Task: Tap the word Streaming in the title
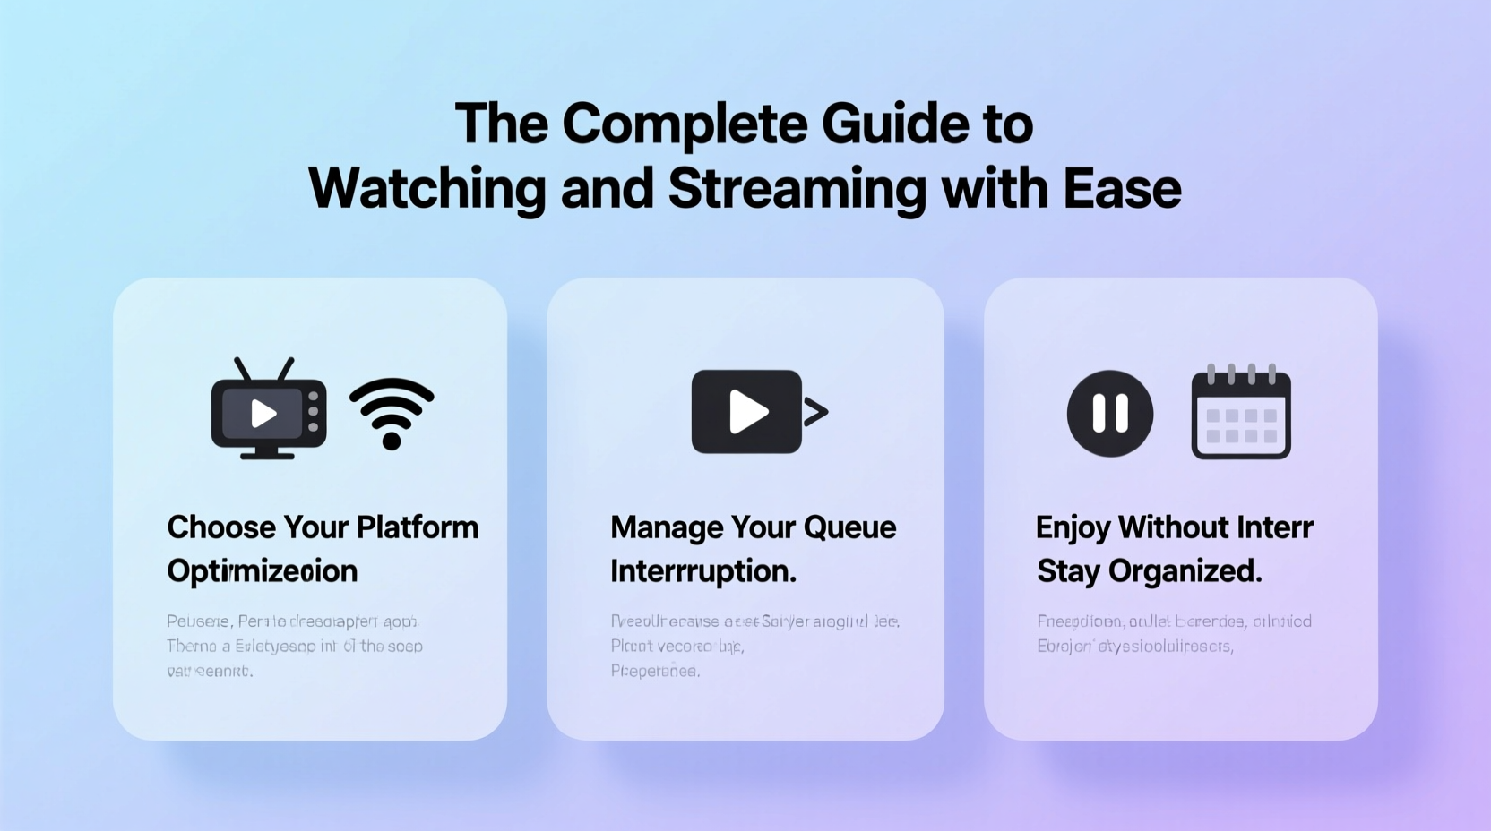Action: pyautogui.click(x=797, y=189)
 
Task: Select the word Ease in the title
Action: pyautogui.click(x=1122, y=189)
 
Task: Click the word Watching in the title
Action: pyautogui.click(x=427, y=189)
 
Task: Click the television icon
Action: pyautogui.click(x=268, y=412)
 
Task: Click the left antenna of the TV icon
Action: pyautogui.click(x=242, y=368)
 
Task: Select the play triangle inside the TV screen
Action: pyautogui.click(x=263, y=414)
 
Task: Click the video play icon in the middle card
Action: pyautogui.click(x=746, y=412)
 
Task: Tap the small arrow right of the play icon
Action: pyautogui.click(x=815, y=412)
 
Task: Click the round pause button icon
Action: pyautogui.click(x=1109, y=414)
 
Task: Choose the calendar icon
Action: pyautogui.click(x=1241, y=413)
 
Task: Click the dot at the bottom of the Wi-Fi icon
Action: pyautogui.click(x=392, y=440)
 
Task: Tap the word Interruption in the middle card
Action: pyautogui.click(x=702, y=571)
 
